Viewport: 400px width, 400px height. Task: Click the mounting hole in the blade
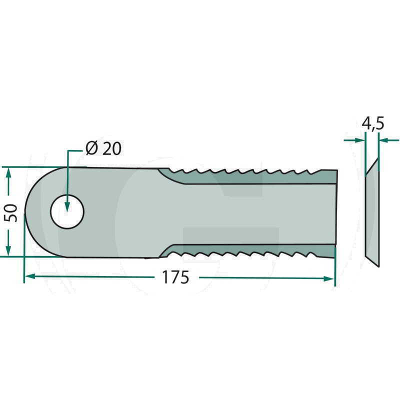pos(67,211)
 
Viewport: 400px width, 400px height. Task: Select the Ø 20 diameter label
pos(103,148)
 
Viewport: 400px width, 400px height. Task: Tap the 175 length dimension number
pos(175,277)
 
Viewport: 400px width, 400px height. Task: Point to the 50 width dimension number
pos(11,213)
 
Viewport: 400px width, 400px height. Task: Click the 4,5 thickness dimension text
pos(373,124)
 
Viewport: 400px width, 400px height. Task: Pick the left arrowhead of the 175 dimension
pos(29,276)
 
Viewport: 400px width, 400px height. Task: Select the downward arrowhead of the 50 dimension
pos(8,250)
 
